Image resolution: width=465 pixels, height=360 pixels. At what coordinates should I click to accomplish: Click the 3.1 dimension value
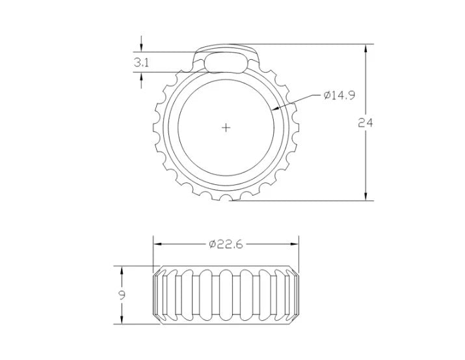click(141, 62)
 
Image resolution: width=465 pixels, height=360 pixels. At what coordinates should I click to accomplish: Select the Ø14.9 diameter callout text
click(339, 95)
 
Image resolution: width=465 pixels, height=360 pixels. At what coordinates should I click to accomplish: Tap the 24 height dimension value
click(365, 122)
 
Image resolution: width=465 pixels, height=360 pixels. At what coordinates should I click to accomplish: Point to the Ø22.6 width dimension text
click(226, 244)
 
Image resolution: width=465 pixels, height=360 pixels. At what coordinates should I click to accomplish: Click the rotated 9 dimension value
click(122, 295)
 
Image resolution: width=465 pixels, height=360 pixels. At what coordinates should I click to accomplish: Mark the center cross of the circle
click(226, 128)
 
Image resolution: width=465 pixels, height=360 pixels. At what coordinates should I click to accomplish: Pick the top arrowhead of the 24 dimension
click(365, 49)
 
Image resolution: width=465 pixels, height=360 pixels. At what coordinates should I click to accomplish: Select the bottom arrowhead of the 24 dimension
click(365, 195)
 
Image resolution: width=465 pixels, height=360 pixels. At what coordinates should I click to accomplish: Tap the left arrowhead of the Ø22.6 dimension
click(158, 244)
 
